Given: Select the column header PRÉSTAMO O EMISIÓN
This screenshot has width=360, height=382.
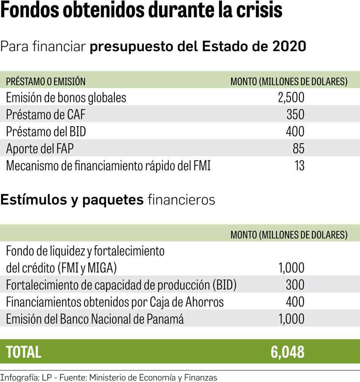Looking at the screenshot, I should coord(45,81).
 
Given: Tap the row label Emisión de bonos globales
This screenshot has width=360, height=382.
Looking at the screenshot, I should coord(66,98).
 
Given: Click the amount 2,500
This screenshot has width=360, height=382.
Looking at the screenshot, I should coord(291,98).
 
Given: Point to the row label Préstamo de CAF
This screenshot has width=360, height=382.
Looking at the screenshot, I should coord(45,114).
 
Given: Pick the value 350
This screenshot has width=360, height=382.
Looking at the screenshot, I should coord(295,114).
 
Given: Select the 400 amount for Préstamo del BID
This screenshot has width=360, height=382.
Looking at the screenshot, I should coord(295,132).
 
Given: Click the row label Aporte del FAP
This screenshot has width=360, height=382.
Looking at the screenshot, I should coord(40,149).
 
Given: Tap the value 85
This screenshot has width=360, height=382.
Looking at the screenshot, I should coord(298,149).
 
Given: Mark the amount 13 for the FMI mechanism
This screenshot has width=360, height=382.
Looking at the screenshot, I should coord(299,166).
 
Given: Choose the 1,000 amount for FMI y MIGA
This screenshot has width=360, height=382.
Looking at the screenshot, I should coord(291,268).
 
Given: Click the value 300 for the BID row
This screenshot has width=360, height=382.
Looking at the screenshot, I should coord(295,285).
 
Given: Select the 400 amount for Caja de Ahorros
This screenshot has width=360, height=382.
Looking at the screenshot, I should coord(295,302).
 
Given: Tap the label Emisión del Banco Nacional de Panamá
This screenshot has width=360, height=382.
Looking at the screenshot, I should coord(95,319).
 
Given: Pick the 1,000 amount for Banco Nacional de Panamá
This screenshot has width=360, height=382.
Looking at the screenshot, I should coord(291,319).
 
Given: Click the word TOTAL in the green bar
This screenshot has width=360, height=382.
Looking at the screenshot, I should coord(23,352).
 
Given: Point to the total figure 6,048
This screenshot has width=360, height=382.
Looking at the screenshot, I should coord(287,352).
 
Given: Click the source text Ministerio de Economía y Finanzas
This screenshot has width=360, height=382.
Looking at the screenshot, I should coord(157,377).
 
